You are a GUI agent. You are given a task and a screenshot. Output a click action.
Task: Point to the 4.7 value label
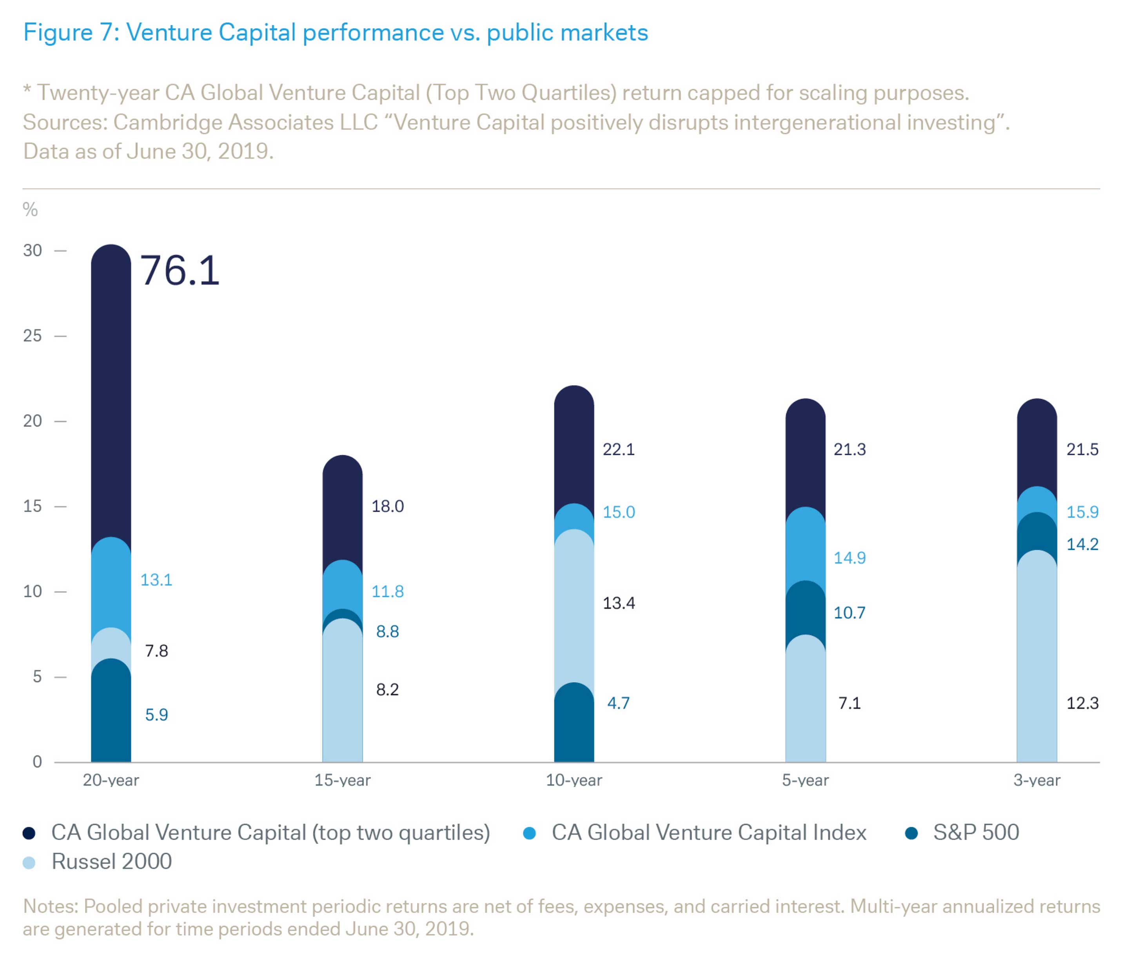[x=618, y=703]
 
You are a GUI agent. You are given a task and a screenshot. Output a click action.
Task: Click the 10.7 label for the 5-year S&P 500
[x=849, y=613]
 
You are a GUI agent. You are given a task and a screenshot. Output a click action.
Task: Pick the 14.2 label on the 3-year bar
[x=1082, y=544]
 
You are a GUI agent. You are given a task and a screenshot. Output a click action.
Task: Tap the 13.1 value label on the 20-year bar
[x=156, y=580]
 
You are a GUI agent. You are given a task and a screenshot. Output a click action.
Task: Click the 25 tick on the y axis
[x=33, y=336]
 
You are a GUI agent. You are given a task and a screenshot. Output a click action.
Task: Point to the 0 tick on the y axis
[x=37, y=761]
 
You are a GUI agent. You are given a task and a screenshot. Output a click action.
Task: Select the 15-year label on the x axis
[x=342, y=781]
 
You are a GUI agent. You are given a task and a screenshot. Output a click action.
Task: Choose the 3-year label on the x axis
[x=1036, y=781]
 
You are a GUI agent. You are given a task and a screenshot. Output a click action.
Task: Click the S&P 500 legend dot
[x=911, y=833]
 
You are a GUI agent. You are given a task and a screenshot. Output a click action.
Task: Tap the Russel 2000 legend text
[x=112, y=862]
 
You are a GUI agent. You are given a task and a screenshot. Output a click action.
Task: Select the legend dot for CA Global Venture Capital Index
[x=529, y=833]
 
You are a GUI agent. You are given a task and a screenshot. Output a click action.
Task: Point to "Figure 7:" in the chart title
[x=71, y=33]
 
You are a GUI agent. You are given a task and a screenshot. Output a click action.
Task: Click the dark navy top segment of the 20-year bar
[x=111, y=392]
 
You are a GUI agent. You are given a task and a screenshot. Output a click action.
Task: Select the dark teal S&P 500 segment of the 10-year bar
[x=574, y=724]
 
